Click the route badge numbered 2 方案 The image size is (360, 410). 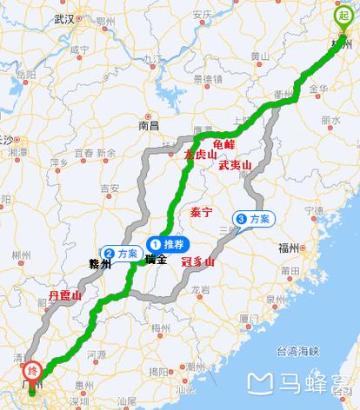[122, 252]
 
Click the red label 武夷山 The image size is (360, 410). [235, 164]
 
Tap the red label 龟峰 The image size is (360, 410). [223, 143]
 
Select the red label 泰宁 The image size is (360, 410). [201, 212]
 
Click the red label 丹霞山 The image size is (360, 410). [65, 296]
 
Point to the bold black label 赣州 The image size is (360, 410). [101, 264]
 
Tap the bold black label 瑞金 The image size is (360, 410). [156, 259]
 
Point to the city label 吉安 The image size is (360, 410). [109, 188]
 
